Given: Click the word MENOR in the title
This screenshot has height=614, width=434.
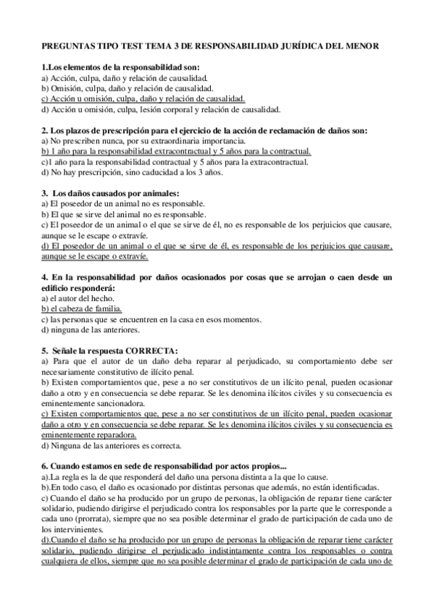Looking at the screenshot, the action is (x=375, y=46).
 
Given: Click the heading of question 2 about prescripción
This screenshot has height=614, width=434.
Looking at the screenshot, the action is (x=205, y=130).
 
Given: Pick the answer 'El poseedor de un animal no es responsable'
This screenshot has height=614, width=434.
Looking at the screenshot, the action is (x=122, y=204).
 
